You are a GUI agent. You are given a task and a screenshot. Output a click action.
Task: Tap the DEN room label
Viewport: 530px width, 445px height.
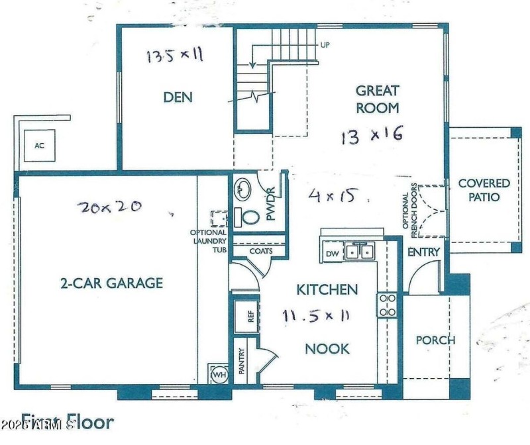(x=178, y=97)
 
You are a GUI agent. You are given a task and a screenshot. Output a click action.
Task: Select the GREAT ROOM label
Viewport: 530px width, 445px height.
(x=378, y=99)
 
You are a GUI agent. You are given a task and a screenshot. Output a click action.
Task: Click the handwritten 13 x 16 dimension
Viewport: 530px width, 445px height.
(x=372, y=136)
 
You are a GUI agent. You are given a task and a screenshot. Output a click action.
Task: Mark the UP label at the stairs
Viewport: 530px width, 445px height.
(x=325, y=45)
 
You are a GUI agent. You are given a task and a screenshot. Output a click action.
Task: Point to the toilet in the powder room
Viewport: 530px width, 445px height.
(x=248, y=217)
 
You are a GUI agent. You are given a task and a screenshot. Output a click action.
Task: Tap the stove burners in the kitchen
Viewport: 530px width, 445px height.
(x=387, y=305)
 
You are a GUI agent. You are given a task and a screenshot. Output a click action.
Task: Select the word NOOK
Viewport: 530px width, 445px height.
(x=327, y=348)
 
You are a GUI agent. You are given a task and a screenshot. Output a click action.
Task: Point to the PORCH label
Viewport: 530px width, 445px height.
(x=435, y=340)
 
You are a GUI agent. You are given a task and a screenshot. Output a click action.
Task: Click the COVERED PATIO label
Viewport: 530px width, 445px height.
(x=484, y=190)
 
